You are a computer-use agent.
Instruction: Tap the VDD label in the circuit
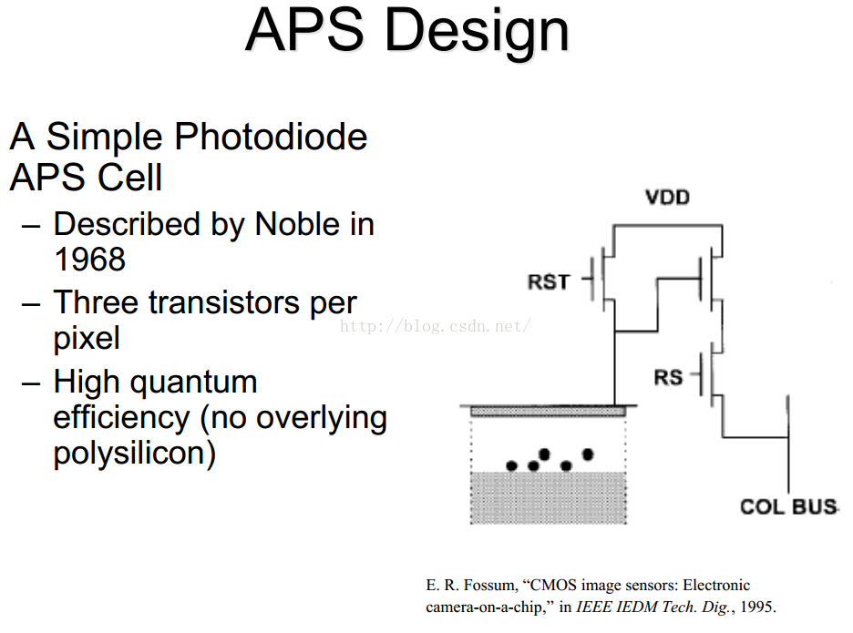[667, 198]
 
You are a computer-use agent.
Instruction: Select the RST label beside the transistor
[549, 282]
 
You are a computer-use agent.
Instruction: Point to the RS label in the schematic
[668, 375]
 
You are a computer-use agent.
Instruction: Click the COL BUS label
[788, 506]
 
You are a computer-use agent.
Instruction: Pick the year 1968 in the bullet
[89, 260]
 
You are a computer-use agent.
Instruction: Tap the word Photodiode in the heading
[271, 138]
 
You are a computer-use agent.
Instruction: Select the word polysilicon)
[135, 453]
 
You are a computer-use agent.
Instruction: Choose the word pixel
[87, 339]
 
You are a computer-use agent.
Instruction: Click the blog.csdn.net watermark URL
[434, 326]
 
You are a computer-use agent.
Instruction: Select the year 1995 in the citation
[759, 606]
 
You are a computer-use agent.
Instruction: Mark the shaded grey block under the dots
[548, 497]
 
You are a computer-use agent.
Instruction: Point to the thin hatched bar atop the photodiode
[548, 412]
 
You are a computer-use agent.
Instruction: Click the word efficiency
[117, 417]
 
